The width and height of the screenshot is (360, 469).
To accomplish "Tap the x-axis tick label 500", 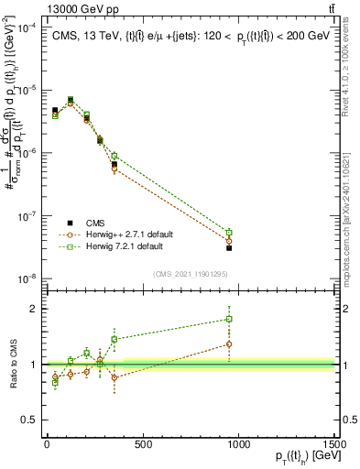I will [143, 444].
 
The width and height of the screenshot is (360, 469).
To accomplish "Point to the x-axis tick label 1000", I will [239, 444].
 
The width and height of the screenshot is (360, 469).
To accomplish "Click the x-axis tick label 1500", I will [335, 444].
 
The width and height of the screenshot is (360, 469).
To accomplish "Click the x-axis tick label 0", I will [46, 444].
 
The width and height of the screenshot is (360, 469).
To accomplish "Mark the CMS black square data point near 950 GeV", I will [229, 248].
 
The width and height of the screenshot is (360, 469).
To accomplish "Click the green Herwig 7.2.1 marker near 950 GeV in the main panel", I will [229, 233].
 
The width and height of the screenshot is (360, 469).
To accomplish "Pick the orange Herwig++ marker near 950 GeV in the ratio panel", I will [229, 344].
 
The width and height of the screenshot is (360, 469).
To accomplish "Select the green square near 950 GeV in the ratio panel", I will [229, 320].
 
